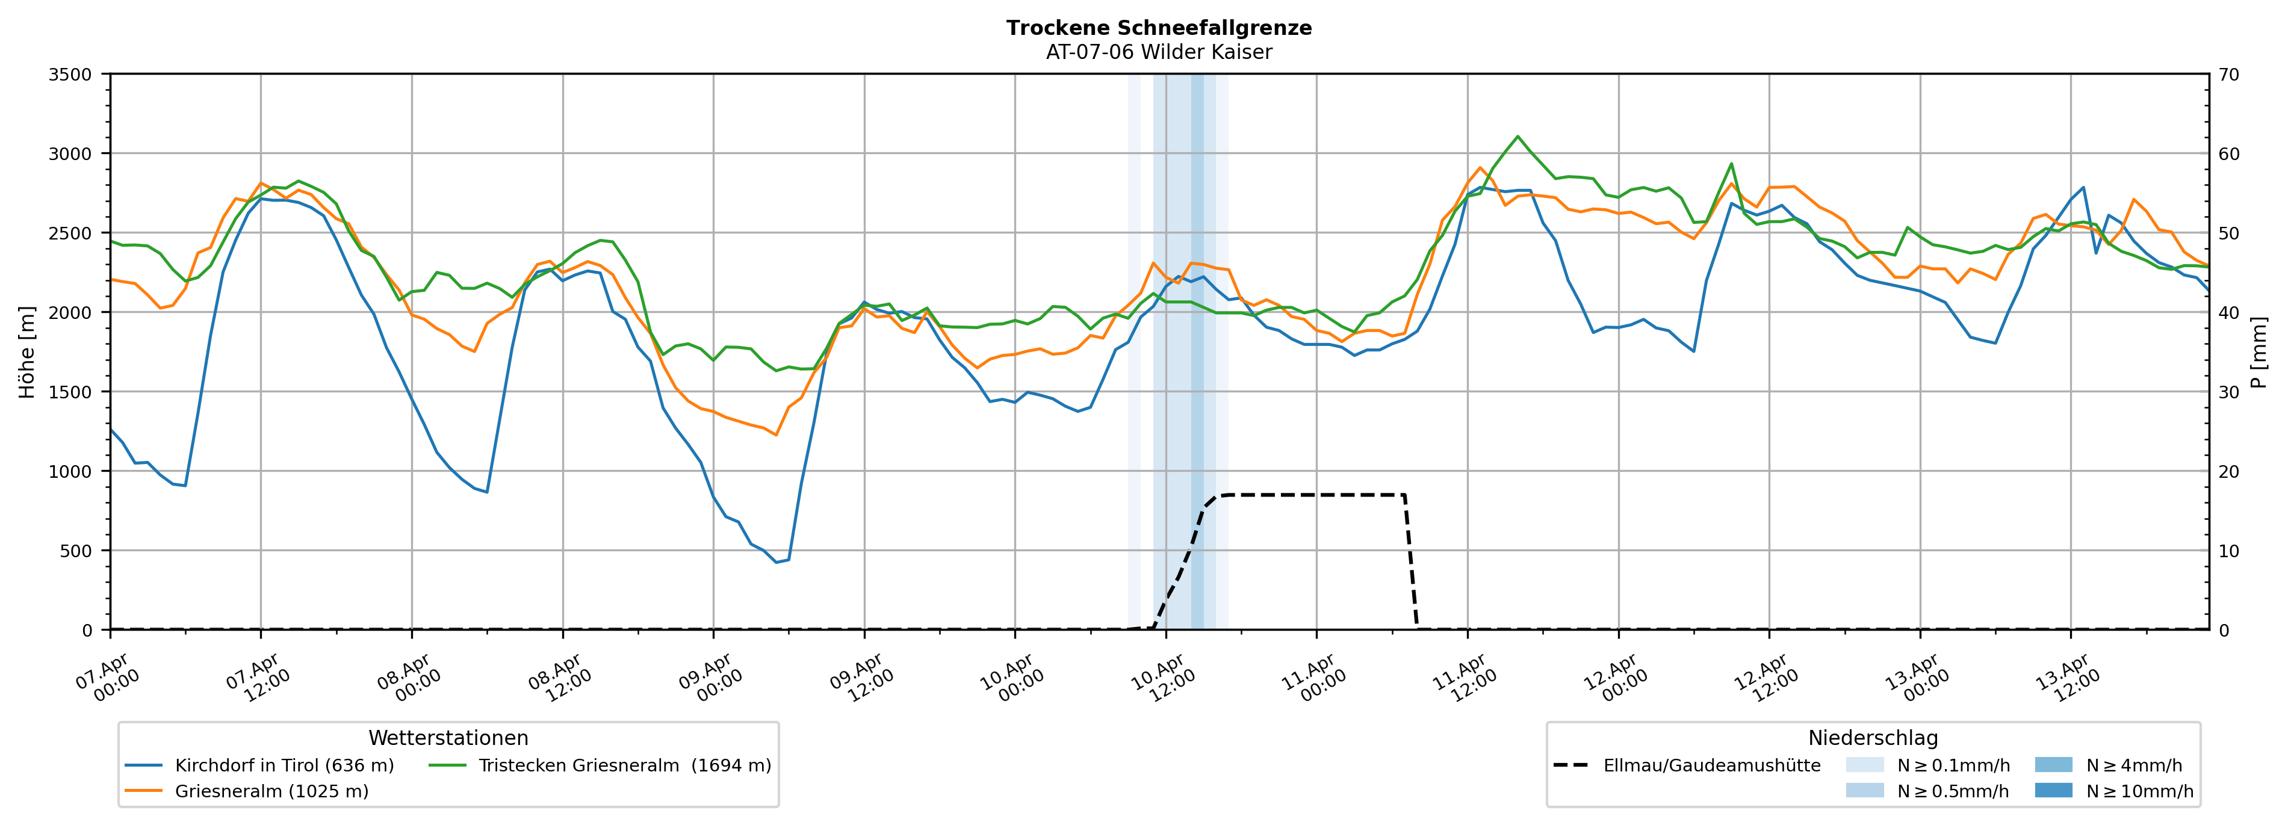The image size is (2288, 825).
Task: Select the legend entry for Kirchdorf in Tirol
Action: point(284,765)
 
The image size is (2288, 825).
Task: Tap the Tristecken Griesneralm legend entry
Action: point(624,765)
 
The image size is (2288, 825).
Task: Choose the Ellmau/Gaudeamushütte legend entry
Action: point(1711,765)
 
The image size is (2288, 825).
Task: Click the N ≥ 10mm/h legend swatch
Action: point(2053,790)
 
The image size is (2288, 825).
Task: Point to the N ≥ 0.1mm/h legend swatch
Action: point(1864,765)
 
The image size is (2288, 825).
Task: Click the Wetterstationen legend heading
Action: point(448,738)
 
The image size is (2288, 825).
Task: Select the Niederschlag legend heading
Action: point(1872,738)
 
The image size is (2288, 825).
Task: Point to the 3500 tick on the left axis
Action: point(70,75)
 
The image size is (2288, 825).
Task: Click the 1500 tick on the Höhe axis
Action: point(70,392)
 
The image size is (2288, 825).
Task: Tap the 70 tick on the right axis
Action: point(2228,75)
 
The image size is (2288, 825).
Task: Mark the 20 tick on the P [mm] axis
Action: point(2228,472)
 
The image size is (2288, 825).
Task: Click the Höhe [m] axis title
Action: point(26,353)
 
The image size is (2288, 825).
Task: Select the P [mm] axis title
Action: point(2259,353)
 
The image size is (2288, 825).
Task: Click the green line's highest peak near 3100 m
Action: point(1518,137)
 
